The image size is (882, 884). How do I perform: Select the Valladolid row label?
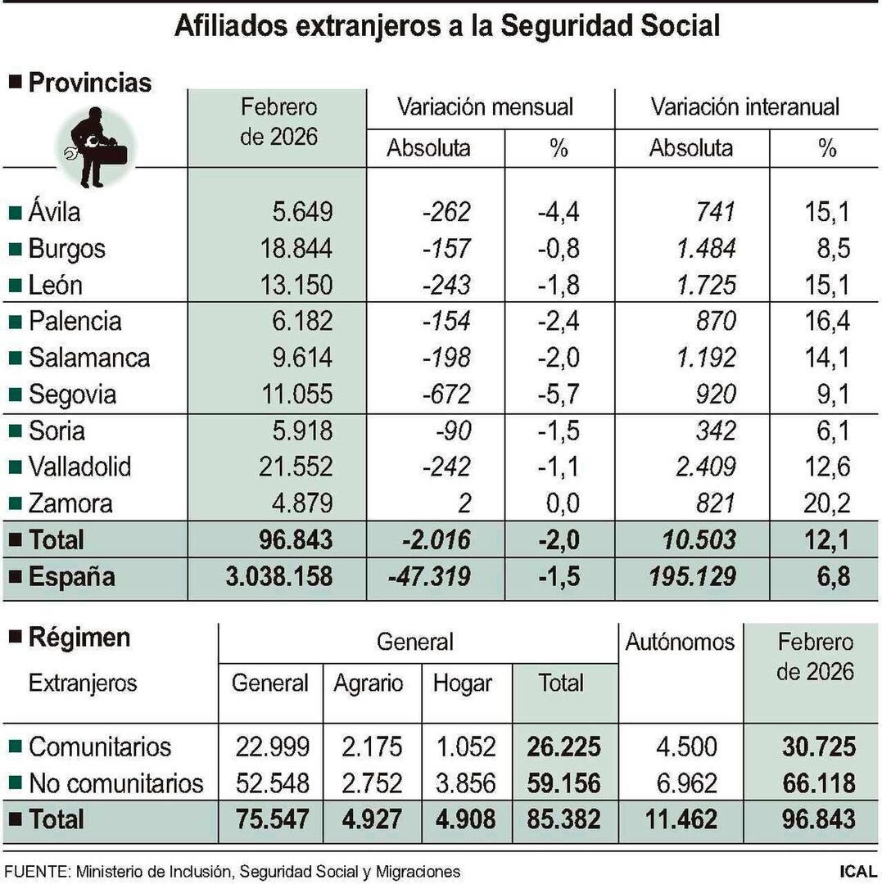(79, 467)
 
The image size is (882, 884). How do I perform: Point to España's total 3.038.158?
(278, 576)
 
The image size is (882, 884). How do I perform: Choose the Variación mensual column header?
(485, 106)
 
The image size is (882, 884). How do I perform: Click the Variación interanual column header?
(744, 106)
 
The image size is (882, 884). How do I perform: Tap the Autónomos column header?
(680, 642)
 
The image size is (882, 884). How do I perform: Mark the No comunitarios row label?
(115, 783)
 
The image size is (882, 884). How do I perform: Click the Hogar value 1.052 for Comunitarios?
(464, 746)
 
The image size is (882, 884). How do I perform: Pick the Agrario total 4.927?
(369, 819)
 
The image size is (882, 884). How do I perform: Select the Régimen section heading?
(79, 638)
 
